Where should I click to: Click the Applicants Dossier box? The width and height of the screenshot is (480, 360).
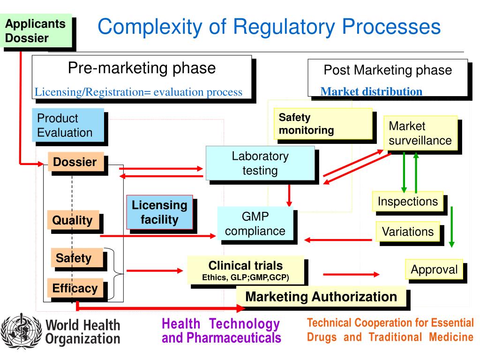(x=38, y=31)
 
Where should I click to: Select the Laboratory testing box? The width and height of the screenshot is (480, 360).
(x=260, y=163)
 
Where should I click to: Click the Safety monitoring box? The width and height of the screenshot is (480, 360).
(x=323, y=124)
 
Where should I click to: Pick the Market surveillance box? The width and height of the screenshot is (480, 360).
(x=420, y=133)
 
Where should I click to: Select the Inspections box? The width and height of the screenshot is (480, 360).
(x=408, y=202)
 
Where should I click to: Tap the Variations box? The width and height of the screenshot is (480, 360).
(x=408, y=232)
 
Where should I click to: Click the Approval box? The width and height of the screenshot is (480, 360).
(x=434, y=270)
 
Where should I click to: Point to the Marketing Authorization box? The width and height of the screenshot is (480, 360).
(x=321, y=297)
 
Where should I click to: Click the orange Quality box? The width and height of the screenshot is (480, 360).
(x=73, y=220)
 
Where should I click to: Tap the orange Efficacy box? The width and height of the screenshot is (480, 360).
(x=75, y=288)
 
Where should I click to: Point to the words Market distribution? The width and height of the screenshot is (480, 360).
(x=371, y=91)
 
